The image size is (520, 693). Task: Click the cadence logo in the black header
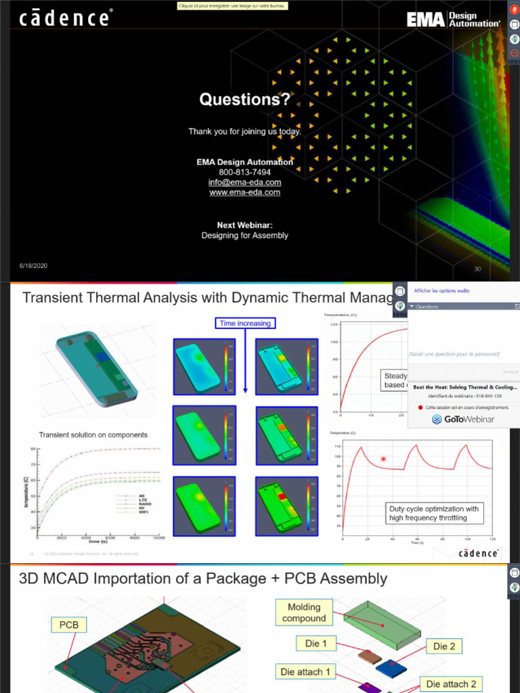64,18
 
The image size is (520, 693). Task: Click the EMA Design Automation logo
454,19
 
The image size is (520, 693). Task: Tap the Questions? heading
244,100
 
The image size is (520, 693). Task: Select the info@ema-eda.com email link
244,183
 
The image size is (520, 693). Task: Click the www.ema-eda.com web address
244,193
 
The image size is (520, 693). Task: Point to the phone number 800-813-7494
244,173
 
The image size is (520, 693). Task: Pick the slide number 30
477,269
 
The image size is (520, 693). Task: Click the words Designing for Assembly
244,236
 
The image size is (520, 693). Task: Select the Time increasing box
245,323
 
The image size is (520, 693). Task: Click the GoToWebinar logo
462,420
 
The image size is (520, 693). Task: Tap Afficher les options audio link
441,291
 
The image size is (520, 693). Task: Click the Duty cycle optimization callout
433,513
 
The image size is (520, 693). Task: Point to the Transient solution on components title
93,434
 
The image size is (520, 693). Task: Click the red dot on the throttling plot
383,459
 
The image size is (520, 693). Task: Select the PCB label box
69,624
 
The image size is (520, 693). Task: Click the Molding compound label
304,612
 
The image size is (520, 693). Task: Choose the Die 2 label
444,646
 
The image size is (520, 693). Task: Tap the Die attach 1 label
306,671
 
